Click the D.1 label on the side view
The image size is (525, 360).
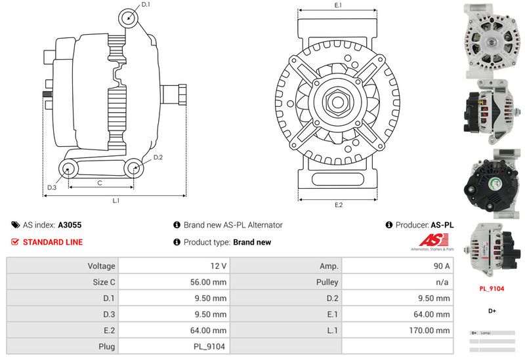[146, 5]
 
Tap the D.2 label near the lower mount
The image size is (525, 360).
[158, 157]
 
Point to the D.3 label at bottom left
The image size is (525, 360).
[52, 188]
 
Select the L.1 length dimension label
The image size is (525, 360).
[115, 200]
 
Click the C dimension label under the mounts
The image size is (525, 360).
[99, 183]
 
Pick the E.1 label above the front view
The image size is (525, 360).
[339, 5]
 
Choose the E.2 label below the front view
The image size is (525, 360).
[339, 205]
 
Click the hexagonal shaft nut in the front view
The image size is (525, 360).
[338, 102]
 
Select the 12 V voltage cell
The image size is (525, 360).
[219, 266]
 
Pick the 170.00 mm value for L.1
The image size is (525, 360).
[431, 330]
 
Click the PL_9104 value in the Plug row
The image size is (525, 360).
[211, 346]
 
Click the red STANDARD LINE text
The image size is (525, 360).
[52, 242]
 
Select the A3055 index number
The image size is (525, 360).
[70, 225]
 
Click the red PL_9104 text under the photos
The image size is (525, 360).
[492, 287]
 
